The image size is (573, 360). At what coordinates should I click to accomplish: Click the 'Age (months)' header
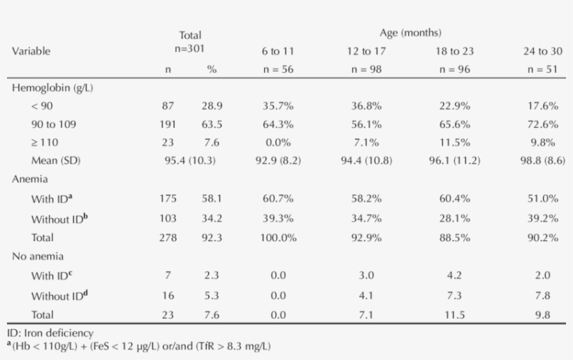[410, 33]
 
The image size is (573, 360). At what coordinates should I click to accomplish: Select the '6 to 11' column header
[278, 51]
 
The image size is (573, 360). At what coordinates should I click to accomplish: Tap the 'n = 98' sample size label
[368, 70]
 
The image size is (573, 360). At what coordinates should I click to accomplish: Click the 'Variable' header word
[31, 51]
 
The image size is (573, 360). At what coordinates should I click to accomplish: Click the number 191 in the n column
[168, 124]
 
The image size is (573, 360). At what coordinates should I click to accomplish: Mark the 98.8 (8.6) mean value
[542, 161]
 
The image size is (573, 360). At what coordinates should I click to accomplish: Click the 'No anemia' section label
[36, 257]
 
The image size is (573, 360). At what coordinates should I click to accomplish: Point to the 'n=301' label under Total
[189, 49]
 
